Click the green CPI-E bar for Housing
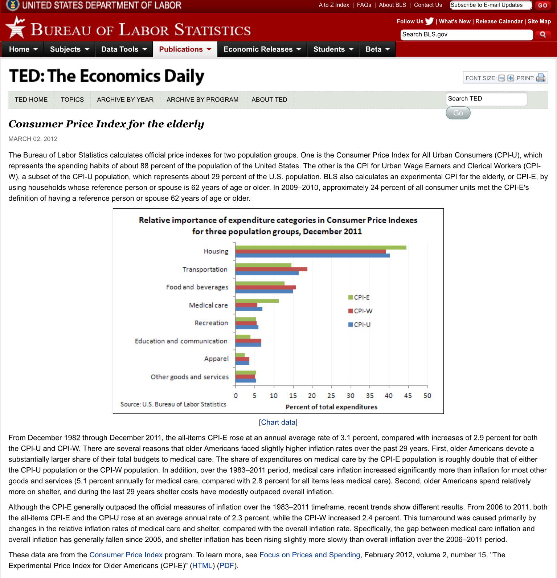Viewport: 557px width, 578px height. coord(320,247)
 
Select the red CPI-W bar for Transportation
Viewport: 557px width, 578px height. coord(271,269)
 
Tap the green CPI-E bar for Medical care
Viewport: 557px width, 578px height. coord(257,301)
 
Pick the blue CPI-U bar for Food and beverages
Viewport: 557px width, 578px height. coord(264,291)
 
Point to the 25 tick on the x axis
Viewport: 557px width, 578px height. coord(331,396)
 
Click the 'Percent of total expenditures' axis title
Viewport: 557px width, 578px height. coord(331,407)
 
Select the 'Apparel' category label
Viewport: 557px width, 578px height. coord(216,359)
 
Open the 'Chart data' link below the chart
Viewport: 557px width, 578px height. coord(278,422)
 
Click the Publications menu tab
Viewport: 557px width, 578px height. coord(185,49)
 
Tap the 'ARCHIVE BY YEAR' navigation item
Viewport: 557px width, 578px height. coord(125,100)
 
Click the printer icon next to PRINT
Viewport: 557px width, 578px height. coord(541,78)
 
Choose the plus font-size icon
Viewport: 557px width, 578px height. coord(511,78)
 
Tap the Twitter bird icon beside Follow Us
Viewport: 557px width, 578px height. coord(429,21)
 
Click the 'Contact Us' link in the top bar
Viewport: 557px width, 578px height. coord(428,5)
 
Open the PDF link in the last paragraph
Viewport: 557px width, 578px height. coord(227,566)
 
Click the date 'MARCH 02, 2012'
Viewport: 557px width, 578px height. coord(33,139)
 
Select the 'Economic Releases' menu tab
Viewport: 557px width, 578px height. coord(262,49)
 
